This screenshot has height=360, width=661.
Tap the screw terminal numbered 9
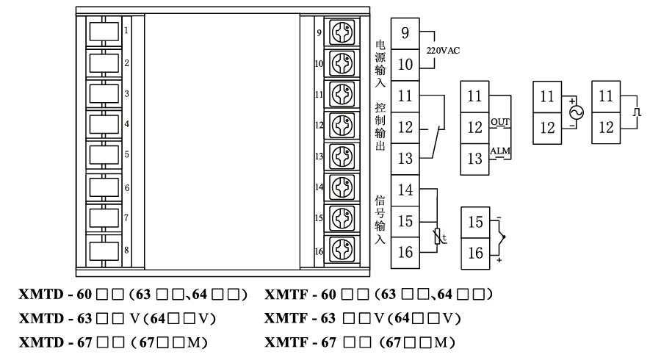point(341,33)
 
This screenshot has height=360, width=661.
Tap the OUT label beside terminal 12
point(500,122)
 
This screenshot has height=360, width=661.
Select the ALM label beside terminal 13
point(500,151)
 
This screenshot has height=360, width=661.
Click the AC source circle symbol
point(575,112)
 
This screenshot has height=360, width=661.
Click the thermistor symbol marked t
point(439,236)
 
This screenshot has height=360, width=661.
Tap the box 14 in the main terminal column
point(405,190)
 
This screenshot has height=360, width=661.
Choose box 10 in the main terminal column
point(405,65)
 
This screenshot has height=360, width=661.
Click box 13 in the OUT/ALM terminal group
point(474,157)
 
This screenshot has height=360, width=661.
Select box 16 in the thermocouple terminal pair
point(474,253)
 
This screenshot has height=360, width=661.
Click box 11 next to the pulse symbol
point(605,96)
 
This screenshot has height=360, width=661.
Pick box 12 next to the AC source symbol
point(547,127)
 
